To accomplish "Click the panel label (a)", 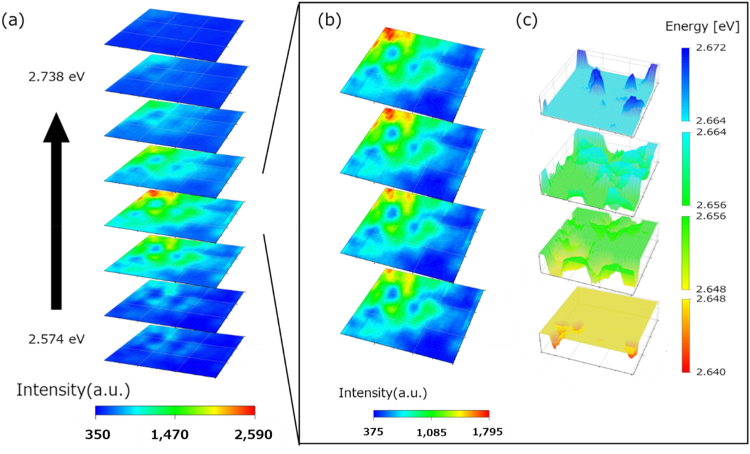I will tap(13, 21).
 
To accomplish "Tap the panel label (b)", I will tap(329, 20).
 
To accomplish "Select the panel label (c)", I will tap(526, 20).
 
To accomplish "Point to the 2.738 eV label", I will tap(57, 76).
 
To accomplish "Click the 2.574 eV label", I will tap(57, 339).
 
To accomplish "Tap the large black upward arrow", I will tap(56, 210).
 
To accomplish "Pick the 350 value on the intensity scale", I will tap(98, 434).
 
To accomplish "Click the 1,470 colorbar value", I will tap(170, 434).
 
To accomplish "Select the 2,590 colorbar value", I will tap(253, 434).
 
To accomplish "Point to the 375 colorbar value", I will tap(373, 432).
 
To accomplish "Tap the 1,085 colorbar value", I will tap(431, 432).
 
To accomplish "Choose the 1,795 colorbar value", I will tap(487, 432).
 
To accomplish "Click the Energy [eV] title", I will tap(702, 26).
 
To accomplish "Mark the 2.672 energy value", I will tap(711, 48).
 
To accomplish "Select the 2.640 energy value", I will tap(711, 371).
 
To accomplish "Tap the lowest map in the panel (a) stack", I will tap(174, 350).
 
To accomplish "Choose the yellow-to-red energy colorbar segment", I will tap(685, 335).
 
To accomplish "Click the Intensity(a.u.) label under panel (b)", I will tap(383, 393).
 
